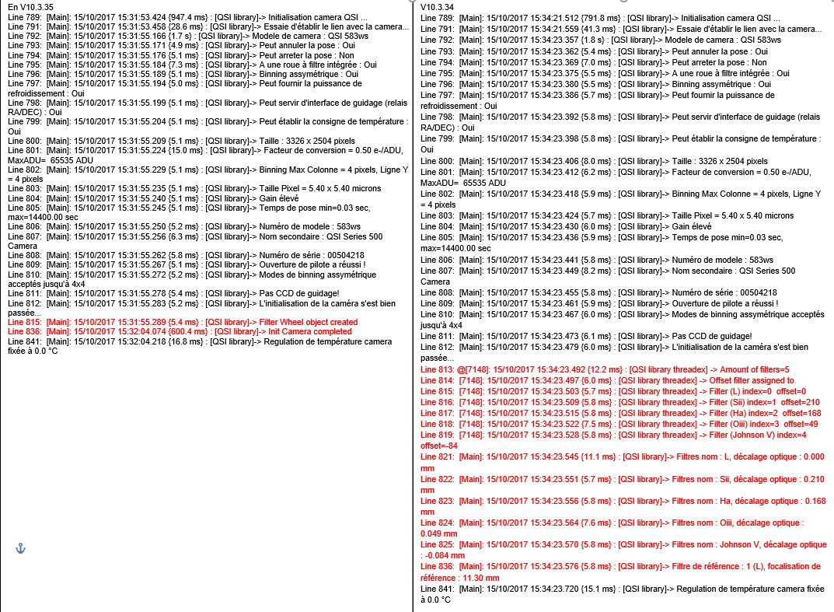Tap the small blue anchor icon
pos(21,548)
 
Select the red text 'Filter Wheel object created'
pos(312,322)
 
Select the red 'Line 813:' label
pos(437,369)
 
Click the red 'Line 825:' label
pos(437,545)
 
